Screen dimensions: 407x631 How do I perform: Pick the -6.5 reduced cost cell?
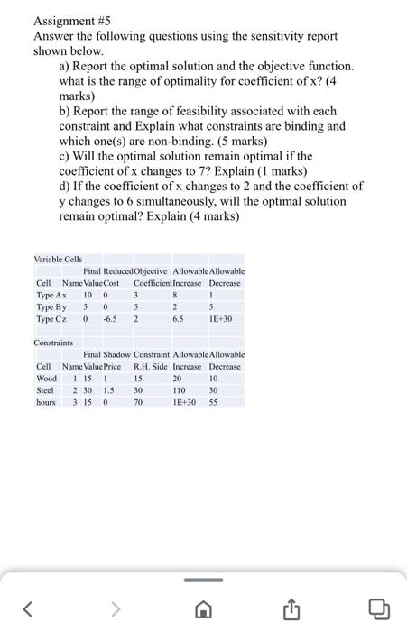(112, 318)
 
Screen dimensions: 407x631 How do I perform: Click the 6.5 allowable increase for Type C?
(179, 318)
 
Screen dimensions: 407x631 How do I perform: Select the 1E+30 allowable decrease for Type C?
(222, 318)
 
